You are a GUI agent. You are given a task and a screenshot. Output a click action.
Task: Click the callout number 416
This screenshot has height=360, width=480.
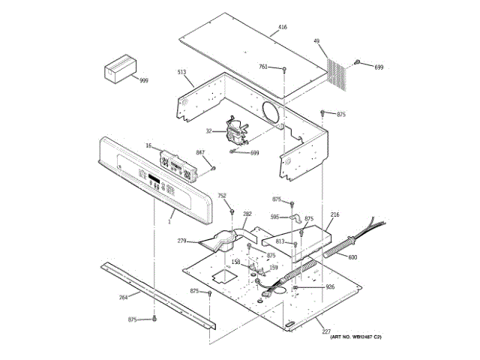point(282,28)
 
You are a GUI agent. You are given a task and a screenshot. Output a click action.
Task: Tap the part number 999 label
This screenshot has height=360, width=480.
point(143,80)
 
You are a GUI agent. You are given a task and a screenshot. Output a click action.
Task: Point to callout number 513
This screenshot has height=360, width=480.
point(181,72)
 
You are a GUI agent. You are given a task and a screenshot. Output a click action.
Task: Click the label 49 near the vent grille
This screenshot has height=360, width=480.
point(316,41)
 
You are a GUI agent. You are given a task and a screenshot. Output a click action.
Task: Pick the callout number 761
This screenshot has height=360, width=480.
point(263,67)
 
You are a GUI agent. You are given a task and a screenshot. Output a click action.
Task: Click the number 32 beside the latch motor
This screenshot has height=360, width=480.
point(209,130)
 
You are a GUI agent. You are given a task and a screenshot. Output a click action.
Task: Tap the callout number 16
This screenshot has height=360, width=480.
point(148,145)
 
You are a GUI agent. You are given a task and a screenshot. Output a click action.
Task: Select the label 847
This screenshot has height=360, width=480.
point(200,152)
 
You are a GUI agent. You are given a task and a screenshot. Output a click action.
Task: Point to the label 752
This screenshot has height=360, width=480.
point(222,196)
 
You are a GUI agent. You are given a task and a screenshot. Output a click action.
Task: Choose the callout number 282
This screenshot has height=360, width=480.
point(247,214)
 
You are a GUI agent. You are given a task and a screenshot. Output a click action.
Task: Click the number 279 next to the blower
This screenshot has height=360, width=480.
point(181,241)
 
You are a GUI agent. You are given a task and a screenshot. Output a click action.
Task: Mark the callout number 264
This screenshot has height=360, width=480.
point(124,297)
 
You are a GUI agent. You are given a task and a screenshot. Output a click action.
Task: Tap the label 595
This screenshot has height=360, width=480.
point(274,217)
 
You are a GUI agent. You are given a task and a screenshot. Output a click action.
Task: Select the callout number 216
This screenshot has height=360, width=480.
point(334,215)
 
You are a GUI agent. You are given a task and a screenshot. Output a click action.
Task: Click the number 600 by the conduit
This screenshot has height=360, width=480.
point(352,257)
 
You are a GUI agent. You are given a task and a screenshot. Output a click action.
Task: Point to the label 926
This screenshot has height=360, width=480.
point(329,286)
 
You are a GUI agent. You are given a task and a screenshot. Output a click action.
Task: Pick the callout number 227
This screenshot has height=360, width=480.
point(326,331)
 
